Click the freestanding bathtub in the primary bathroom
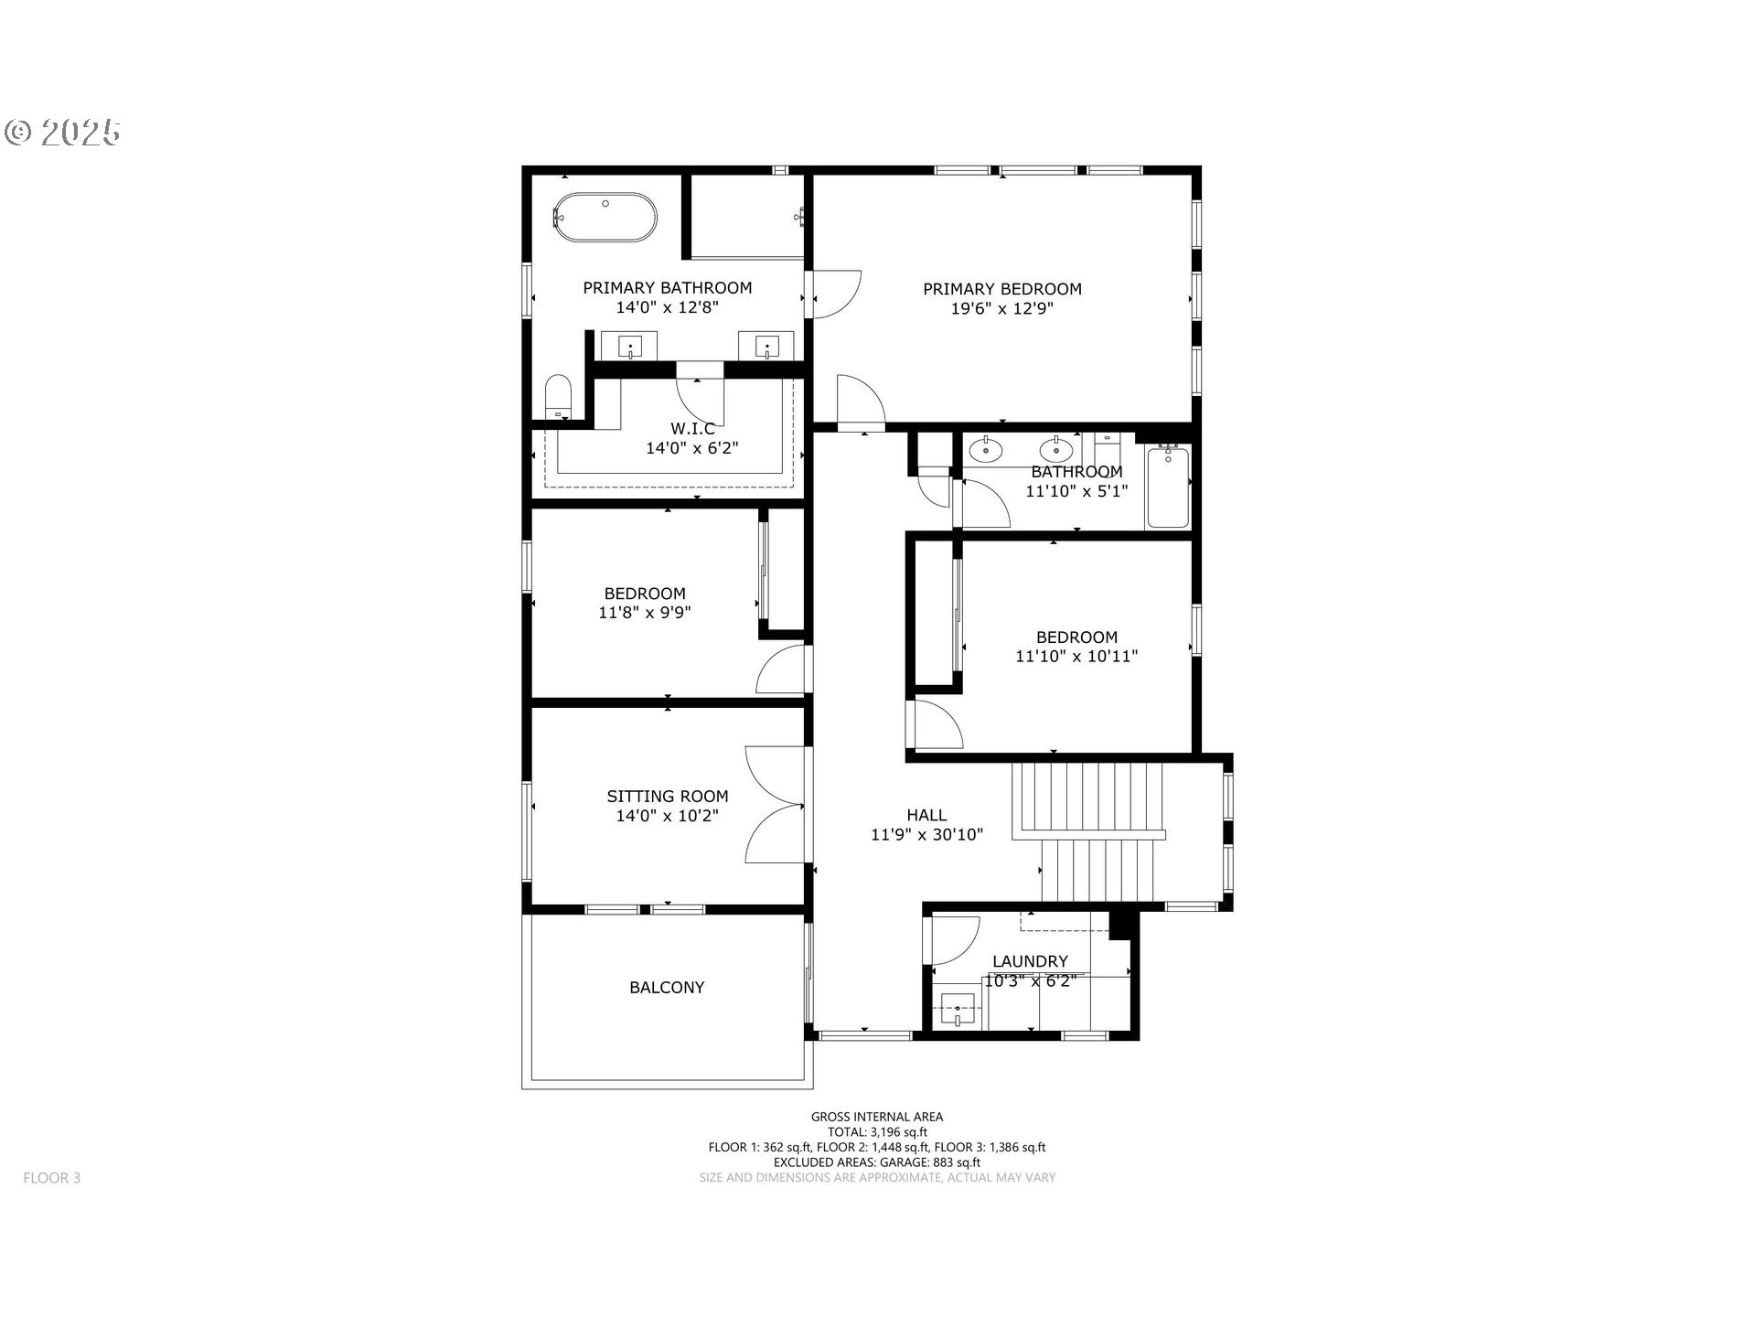pyautogui.click(x=605, y=217)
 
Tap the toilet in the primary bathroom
pyautogui.click(x=557, y=398)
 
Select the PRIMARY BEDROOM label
pyautogui.click(x=1001, y=289)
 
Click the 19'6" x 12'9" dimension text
pyautogui.click(x=1001, y=309)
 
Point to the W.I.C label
pyautogui.click(x=692, y=428)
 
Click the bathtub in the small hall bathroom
pyautogui.click(x=1168, y=487)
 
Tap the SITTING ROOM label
pyautogui.click(x=667, y=797)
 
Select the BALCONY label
pyautogui.click(x=667, y=988)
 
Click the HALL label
pyautogui.click(x=926, y=815)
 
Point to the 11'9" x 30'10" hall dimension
pyautogui.click(x=926, y=834)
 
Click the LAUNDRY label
pyautogui.click(x=1030, y=961)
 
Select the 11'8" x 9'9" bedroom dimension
pyautogui.click(x=644, y=613)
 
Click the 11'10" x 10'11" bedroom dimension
pyautogui.click(x=1076, y=656)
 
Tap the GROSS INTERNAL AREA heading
pyautogui.click(x=876, y=1117)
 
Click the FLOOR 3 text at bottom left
pyautogui.click(x=52, y=1178)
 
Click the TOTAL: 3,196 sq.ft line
pyautogui.click(x=876, y=1132)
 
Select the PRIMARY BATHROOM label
pyautogui.click(x=667, y=288)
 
